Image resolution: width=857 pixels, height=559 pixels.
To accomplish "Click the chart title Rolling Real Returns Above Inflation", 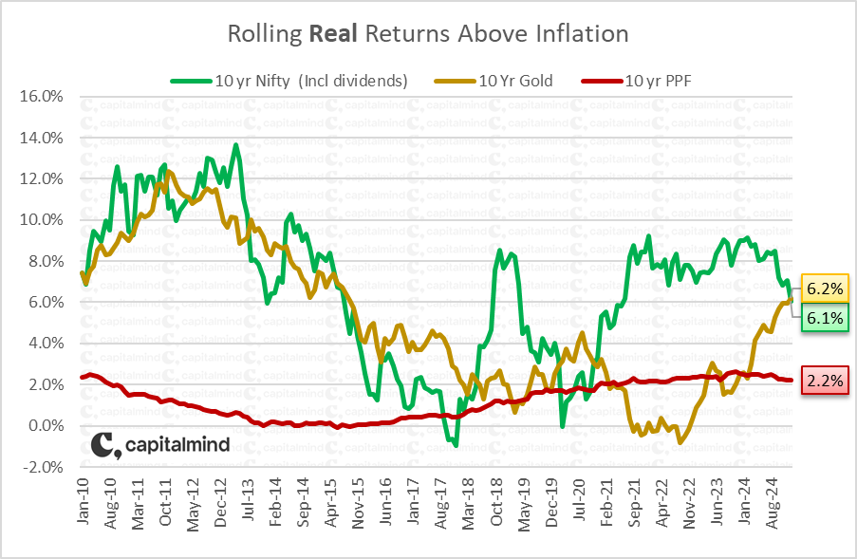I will (x=428, y=34).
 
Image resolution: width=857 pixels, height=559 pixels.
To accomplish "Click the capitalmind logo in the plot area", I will (x=160, y=445).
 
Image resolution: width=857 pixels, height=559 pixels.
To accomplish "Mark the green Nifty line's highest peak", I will (x=235, y=145).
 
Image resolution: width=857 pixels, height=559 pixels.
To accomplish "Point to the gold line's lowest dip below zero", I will (x=680, y=442).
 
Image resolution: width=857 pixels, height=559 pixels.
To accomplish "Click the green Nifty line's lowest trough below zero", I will (x=456, y=444).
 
